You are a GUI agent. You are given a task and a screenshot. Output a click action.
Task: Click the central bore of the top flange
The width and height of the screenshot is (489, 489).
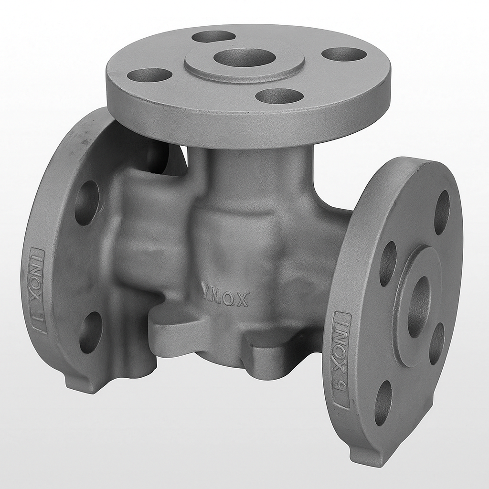point(244,57)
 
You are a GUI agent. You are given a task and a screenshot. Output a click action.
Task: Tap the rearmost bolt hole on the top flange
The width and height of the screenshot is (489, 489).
point(213,36)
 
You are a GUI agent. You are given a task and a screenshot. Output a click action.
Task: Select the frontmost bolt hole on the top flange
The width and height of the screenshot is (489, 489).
point(279,96)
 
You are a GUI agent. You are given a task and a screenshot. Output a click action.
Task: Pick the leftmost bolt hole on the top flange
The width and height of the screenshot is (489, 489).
point(149,75)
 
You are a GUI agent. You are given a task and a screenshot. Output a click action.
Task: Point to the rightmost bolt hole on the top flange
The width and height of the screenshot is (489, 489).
point(344,54)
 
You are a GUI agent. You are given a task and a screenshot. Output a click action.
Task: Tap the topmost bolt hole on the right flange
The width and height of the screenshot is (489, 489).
point(442,212)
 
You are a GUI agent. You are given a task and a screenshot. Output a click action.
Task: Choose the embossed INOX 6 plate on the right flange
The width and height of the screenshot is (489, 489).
point(342,360)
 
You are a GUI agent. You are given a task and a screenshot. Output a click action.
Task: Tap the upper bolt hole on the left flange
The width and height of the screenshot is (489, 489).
point(86,202)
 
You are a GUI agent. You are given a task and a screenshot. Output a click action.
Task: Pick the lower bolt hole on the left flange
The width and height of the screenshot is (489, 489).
point(91,332)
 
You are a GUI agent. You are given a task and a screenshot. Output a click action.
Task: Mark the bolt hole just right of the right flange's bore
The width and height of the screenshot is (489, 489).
point(436,344)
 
